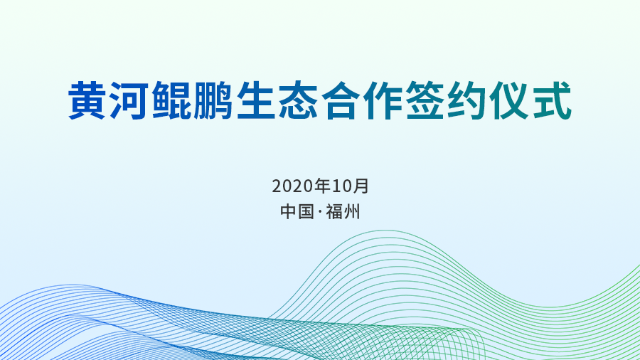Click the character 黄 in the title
(x=87, y=100)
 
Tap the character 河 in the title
(x=129, y=100)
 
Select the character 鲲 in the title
(x=171, y=100)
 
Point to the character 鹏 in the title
(x=213, y=100)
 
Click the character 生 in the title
(x=256, y=100)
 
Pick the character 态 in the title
(x=298, y=100)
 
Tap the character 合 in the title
(x=341, y=100)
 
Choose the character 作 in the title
(x=383, y=100)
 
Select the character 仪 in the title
(x=509, y=100)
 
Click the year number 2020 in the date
(x=293, y=186)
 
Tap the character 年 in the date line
(x=322, y=186)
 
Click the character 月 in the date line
(x=361, y=186)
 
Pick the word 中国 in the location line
(x=297, y=212)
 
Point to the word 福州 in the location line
(x=343, y=212)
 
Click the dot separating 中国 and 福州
(x=319, y=212)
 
